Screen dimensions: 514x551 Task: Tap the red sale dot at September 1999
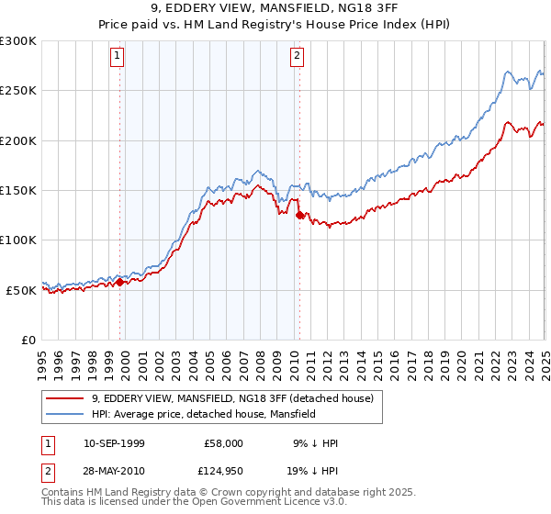tap(120, 283)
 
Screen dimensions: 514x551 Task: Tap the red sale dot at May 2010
tap(299, 216)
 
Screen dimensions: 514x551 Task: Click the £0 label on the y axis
tap(28, 340)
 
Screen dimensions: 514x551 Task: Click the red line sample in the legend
tap(64, 399)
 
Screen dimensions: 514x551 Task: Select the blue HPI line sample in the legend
tap(64, 415)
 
